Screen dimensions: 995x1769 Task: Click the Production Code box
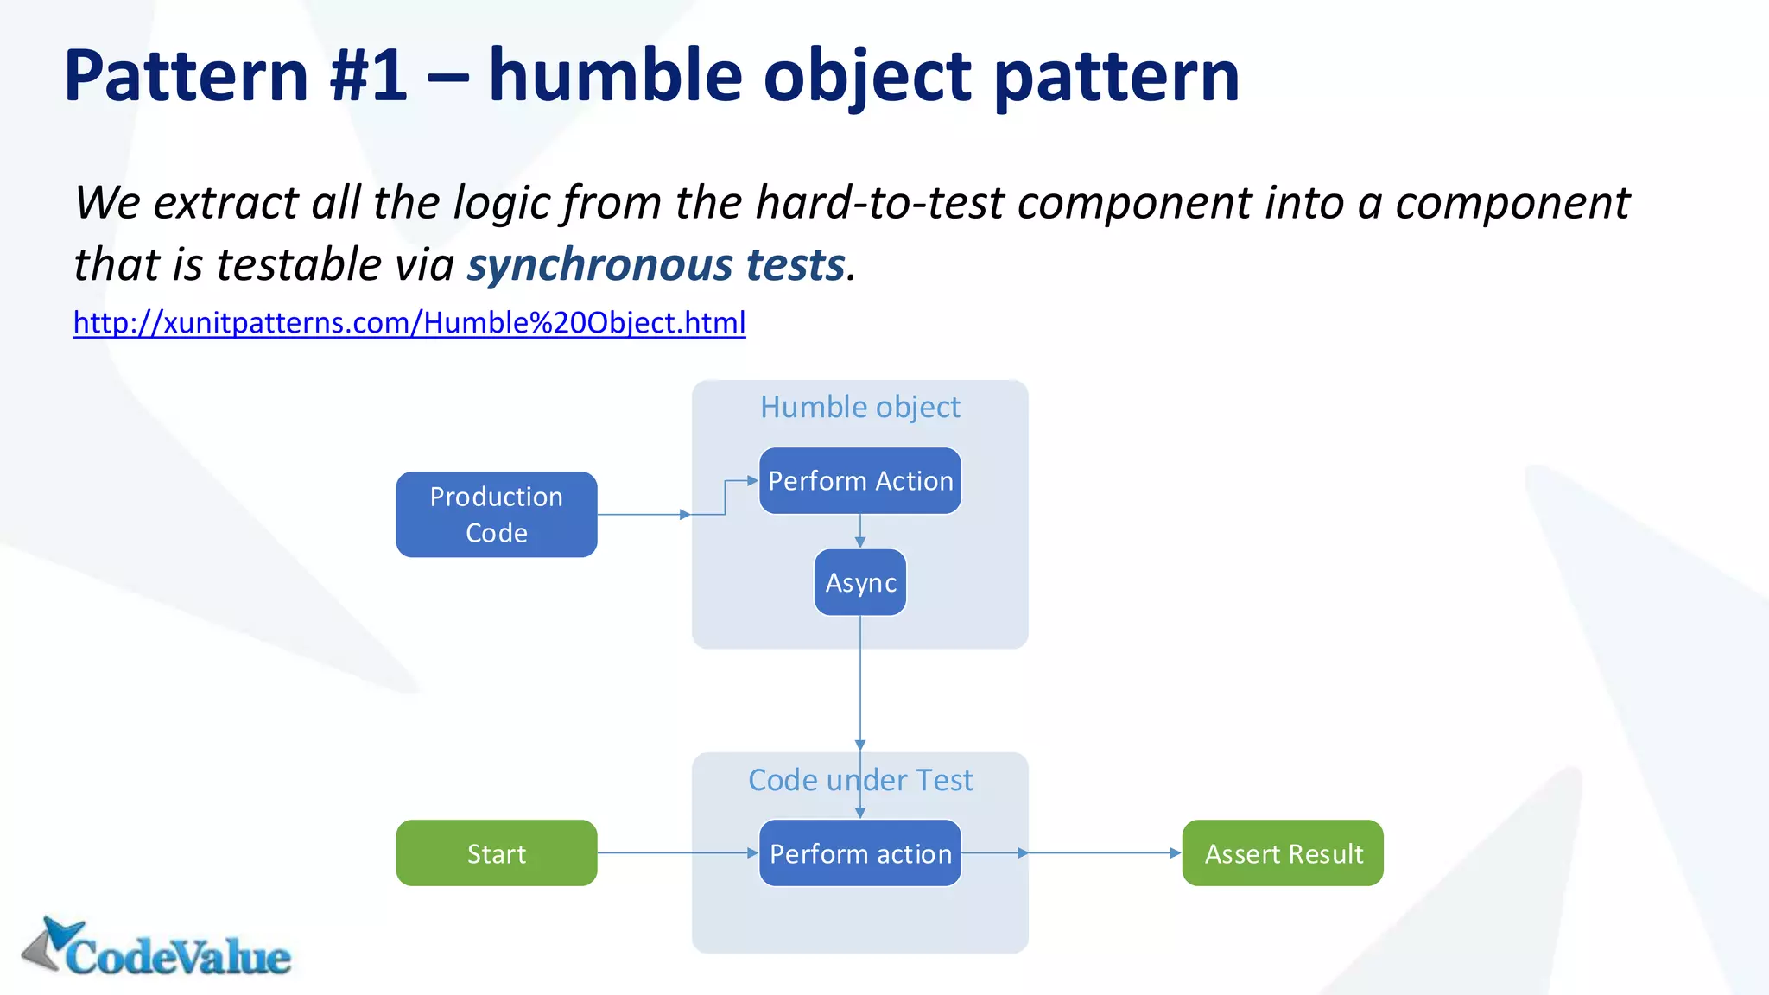tap(496, 514)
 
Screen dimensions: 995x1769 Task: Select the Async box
tap(859, 582)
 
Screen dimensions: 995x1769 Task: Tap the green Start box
tap(496, 852)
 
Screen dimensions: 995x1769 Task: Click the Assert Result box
tap(1282, 852)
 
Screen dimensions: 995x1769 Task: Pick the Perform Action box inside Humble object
tap(859, 480)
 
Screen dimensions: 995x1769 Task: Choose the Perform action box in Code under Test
tap(859, 852)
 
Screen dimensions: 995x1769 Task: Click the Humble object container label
tap(859, 407)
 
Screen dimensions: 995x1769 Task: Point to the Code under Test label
tap(859, 780)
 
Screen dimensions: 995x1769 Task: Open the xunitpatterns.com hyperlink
tap(409, 322)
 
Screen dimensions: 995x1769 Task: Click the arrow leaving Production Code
tap(643, 514)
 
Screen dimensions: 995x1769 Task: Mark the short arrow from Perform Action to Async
tap(859, 531)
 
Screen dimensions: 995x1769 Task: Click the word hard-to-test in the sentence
tap(880, 203)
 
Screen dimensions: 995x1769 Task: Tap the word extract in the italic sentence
tap(225, 203)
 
